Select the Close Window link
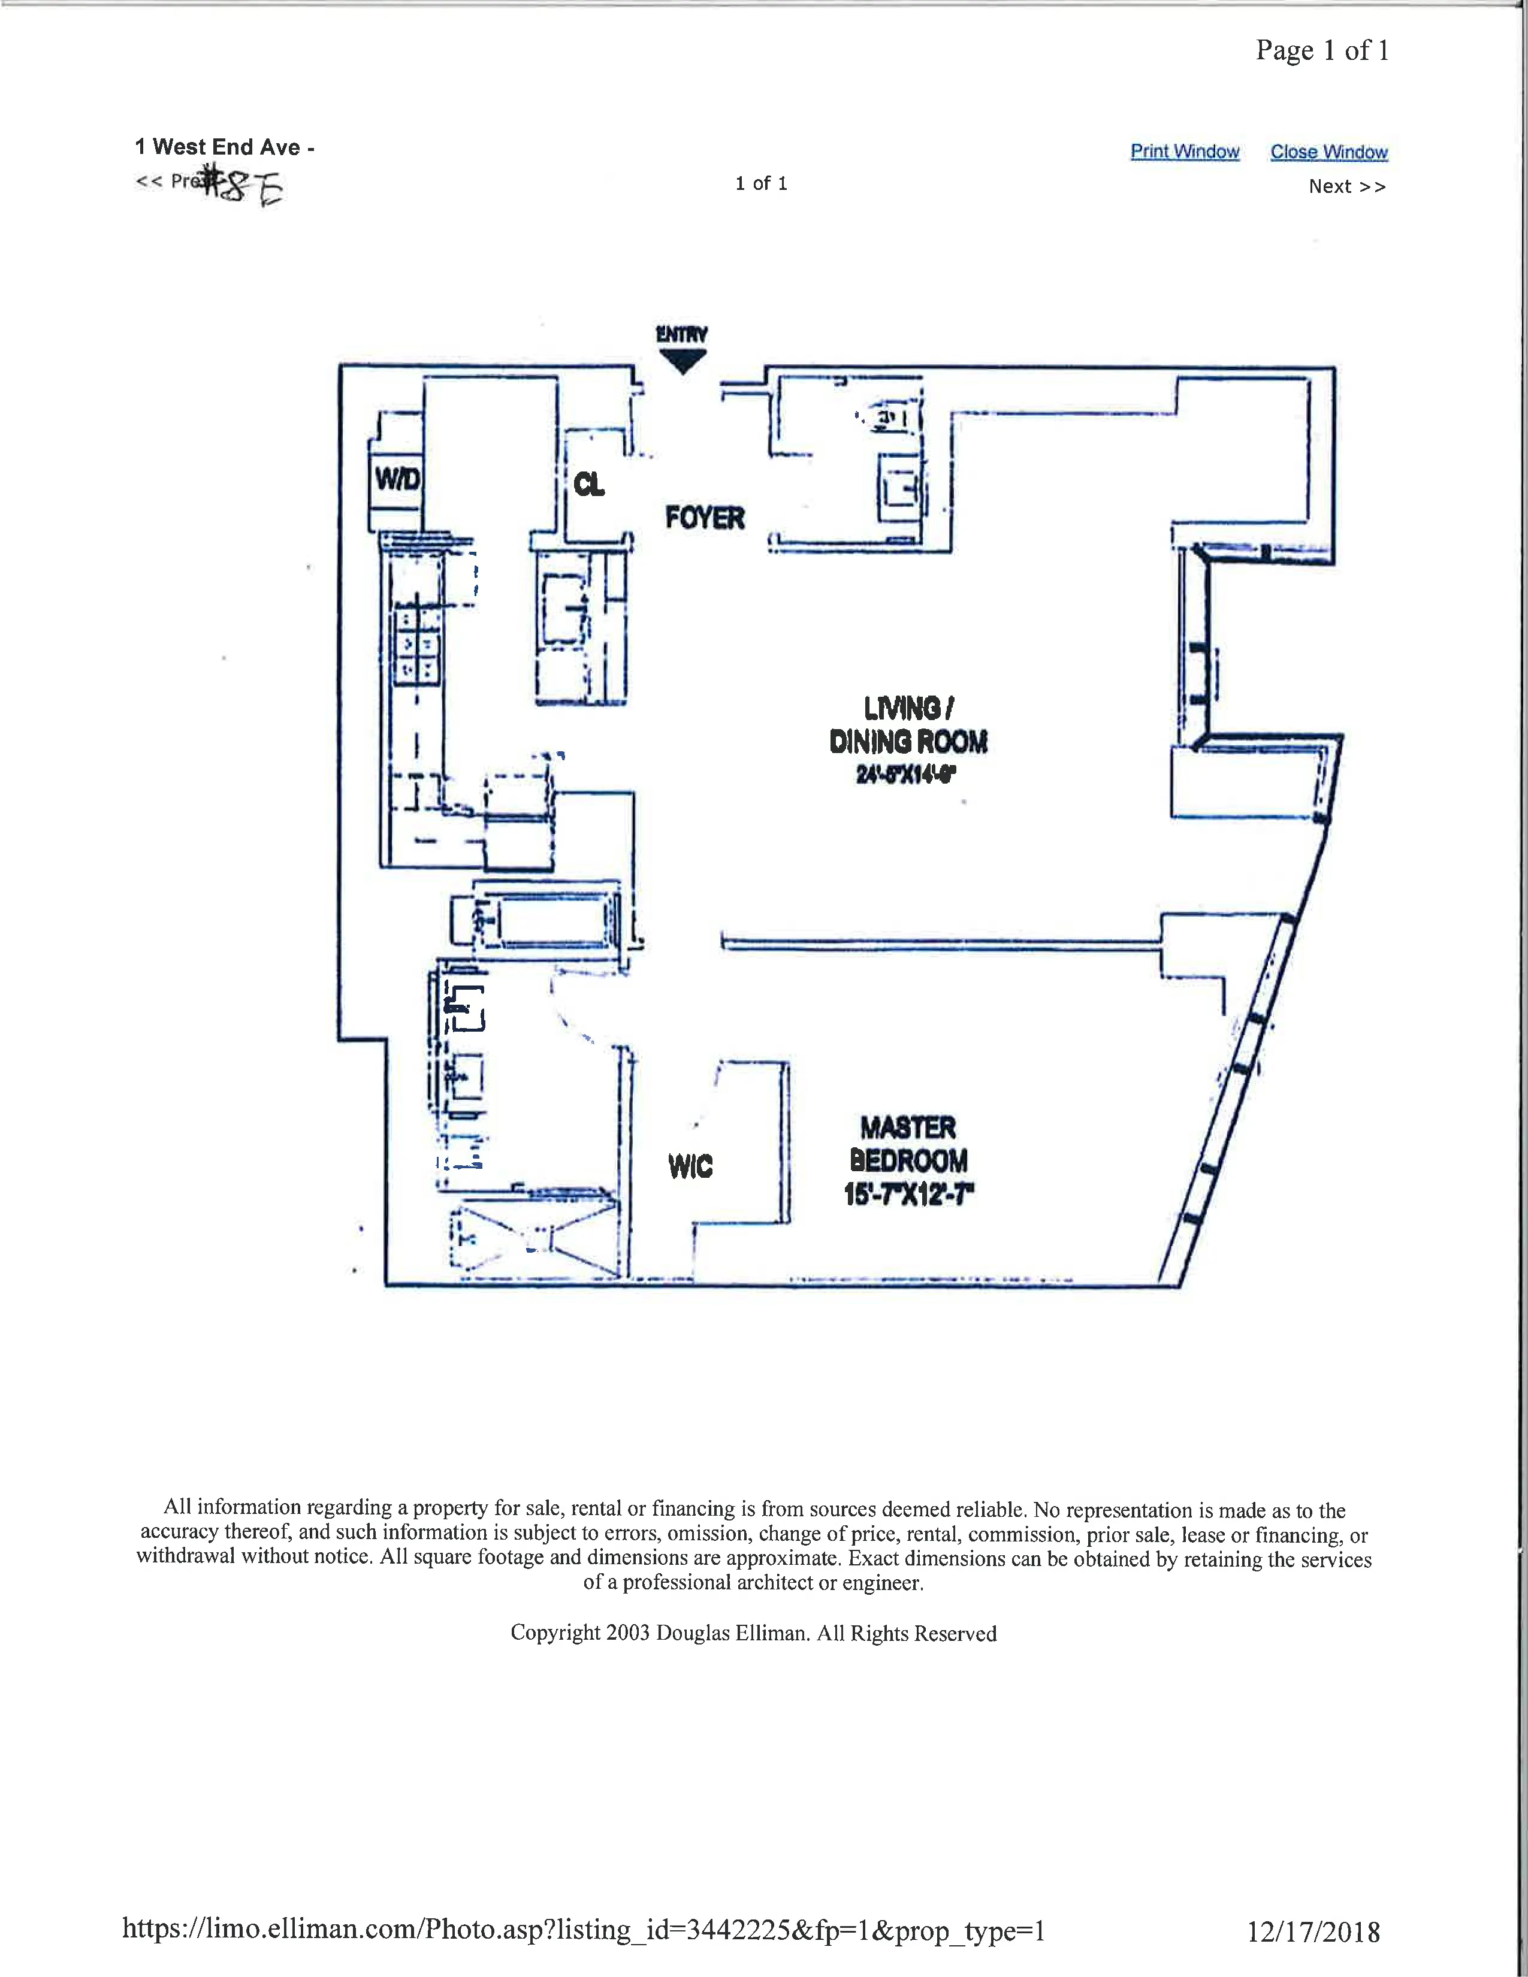1328,152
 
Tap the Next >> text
1346,186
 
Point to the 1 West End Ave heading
224,147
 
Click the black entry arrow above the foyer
682,361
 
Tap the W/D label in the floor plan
397,478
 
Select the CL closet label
588,484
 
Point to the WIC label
690,1166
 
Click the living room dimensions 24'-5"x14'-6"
906,774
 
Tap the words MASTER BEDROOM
908,1144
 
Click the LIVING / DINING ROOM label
908,724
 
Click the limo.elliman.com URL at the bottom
584,1929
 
